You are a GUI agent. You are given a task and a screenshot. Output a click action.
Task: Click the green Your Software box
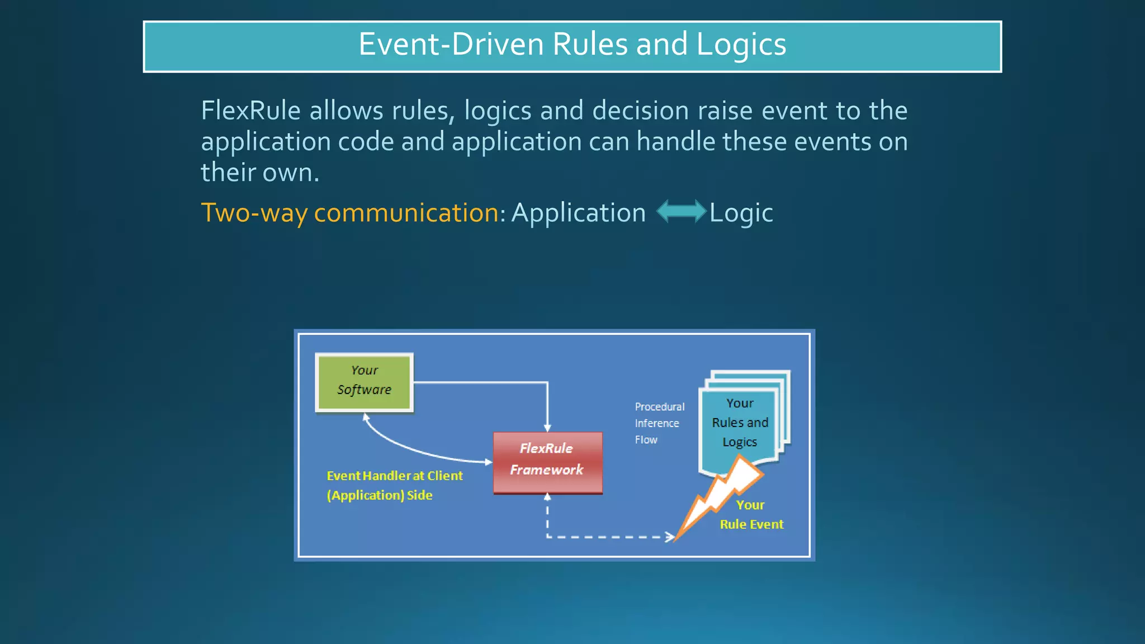pos(364,382)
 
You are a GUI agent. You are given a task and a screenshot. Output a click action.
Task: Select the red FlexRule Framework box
pos(547,462)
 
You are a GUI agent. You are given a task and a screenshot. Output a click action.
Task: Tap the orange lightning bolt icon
pos(721,494)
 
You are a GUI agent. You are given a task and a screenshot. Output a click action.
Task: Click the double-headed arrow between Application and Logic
pos(681,212)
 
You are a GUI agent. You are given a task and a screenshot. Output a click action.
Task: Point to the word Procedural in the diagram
pos(659,407)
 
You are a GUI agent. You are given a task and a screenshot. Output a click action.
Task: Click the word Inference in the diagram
pos(656,424)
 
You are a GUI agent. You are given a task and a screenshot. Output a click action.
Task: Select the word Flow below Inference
pos(646,440)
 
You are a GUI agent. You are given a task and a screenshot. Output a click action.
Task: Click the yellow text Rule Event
pos(751,524)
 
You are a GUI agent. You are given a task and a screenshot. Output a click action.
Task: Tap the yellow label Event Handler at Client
pos(394,476)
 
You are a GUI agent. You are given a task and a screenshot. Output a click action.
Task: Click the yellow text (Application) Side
pos(379,495)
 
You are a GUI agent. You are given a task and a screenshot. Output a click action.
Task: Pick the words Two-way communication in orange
pos(350,213)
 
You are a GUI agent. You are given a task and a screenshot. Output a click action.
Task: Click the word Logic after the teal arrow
pos(741,213)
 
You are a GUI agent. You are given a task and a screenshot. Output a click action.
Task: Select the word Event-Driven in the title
pos(451,44)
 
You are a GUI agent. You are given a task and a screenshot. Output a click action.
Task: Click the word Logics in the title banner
pos(741,44)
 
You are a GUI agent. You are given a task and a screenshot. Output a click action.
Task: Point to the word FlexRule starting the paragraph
pos(250,111)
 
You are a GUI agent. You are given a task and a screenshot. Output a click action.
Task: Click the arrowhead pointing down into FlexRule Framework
pos(547,428)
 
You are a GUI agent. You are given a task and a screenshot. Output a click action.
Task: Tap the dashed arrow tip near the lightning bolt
pos(670,537)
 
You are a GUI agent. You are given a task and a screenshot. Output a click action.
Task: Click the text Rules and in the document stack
pos(740,423)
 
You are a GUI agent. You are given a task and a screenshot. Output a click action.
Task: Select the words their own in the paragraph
pos(259,172)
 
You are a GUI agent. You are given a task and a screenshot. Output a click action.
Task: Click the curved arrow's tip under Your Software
pos(366,416)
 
